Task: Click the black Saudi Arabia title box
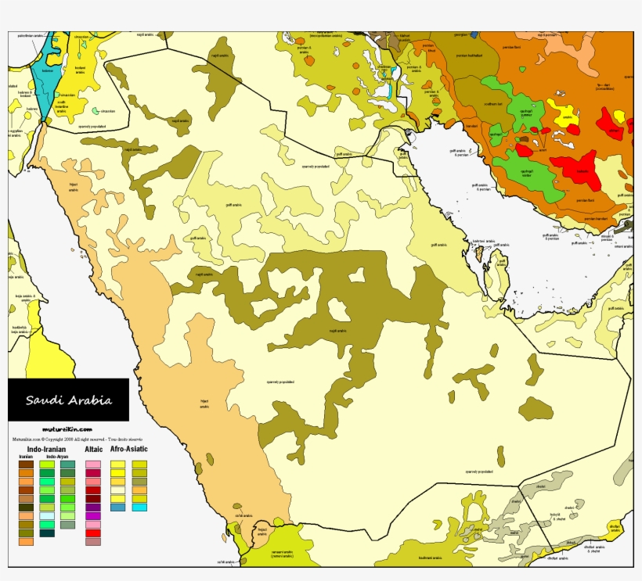[x=68, y=400]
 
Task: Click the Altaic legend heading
[x=94, y=450]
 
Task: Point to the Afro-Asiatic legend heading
[x=128, y=450]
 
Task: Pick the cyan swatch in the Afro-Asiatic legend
[x=139, y=507]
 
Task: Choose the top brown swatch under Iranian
[x=27, y=464]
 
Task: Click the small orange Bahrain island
[x=479, y=253]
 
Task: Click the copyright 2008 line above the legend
[x=69, y=439]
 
